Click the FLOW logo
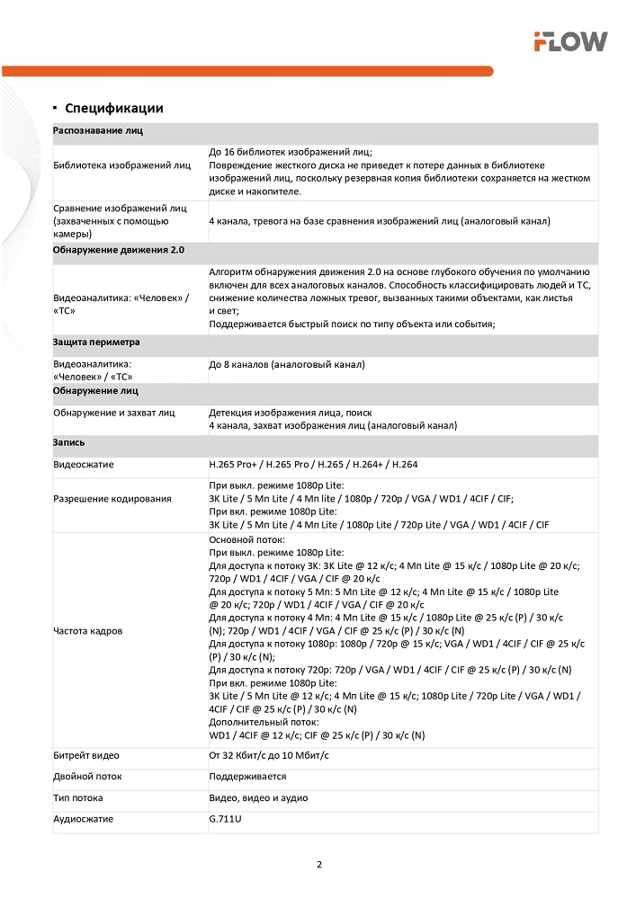[x=570, y=41]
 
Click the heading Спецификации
[x=113, y=108]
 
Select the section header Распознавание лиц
[x=98, y=131]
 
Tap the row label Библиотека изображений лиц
[x=121, y=165]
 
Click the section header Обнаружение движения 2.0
[x=119, y=249]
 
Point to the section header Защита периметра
[x=96, y=343]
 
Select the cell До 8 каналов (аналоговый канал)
[x=287, y=364]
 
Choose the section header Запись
[x=69, y=443]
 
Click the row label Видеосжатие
[x=84, y=465]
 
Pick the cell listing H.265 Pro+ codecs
[x=313, y=465]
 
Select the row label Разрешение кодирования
[x=112, y=499]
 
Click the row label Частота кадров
[x=88, y=630]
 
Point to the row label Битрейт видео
[x=86, y=755]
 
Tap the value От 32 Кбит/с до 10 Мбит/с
[x=269, y=755]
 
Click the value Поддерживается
[x=247, y=776]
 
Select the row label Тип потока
[x=78, y=797]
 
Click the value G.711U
[x=225, y=819]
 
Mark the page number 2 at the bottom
[x=318, y=865]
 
